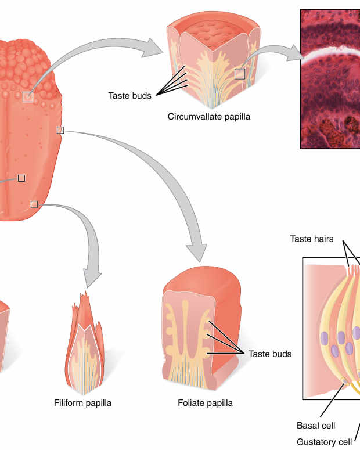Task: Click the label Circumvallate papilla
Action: tap(209, 116)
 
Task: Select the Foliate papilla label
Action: tap(205, 402)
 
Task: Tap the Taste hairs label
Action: tap(312, 239)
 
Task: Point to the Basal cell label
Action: tap(316, 425)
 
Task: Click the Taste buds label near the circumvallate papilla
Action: tap(129, 95)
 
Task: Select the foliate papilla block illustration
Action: tap(200, 331)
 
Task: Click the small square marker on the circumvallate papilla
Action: tap(240, 74)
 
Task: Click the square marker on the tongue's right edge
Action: tap(60, 130)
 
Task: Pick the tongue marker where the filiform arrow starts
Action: tap(34, 204)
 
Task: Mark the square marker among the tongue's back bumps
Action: tap(27, 96)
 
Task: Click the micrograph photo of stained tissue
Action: tap(330, 78)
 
